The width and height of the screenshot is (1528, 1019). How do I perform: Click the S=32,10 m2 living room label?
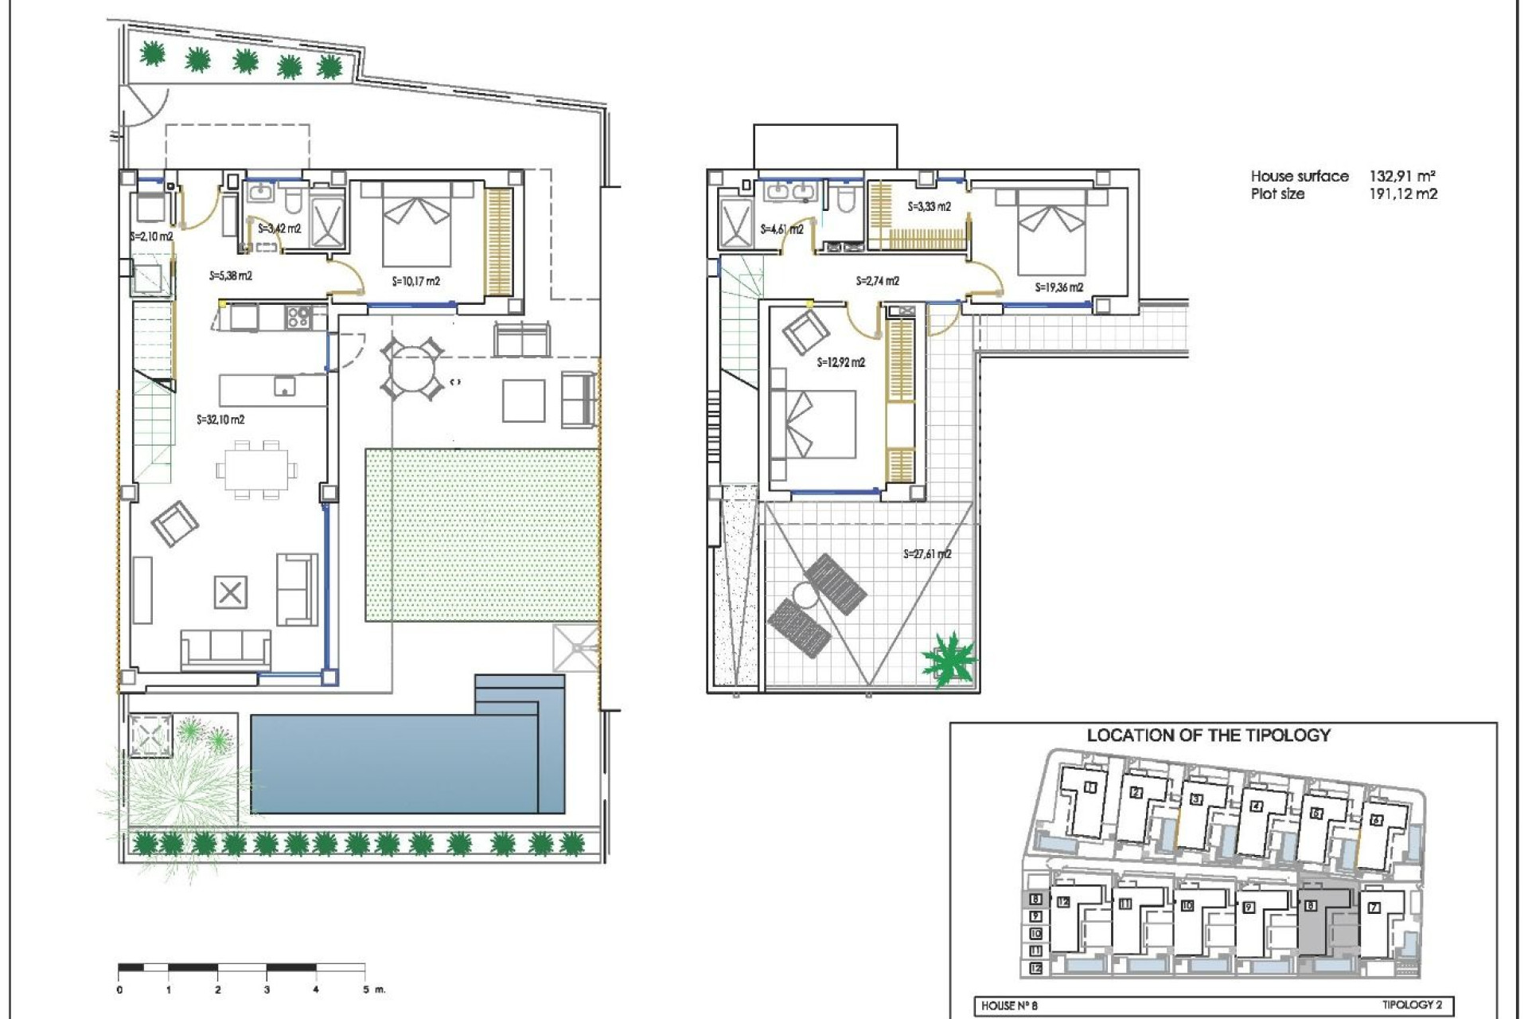tap(220, 420)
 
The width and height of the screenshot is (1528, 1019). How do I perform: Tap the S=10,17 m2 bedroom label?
tap(415, 281)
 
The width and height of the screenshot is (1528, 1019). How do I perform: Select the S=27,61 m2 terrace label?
tap(927, 554)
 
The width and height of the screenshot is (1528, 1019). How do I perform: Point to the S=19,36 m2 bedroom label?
tap(1058, 287)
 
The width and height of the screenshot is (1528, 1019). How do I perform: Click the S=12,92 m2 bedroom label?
tap(840, 362)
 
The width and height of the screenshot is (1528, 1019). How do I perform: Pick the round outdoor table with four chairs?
tap(412, 369)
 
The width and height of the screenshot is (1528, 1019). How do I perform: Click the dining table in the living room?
tap(257, 470)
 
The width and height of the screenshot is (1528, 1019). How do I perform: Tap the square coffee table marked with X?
tap(230, 592)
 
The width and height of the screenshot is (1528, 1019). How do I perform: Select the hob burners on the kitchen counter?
tap(298, 317)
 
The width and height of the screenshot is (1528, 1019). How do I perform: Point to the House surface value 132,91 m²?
tap(1401, 176)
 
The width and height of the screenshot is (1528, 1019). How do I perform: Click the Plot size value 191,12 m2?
tap(1402, 193)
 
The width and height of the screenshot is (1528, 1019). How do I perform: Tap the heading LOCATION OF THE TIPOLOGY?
tap(1208, 736)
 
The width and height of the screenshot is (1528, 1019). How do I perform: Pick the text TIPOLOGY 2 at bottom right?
tap(1411, 1005)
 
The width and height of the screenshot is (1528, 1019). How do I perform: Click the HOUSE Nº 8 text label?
tap(1009, 1005)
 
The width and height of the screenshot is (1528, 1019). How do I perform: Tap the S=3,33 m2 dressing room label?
tap(929, 207)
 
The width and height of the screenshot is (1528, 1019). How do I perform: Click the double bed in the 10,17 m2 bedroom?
tap(416, 223)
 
